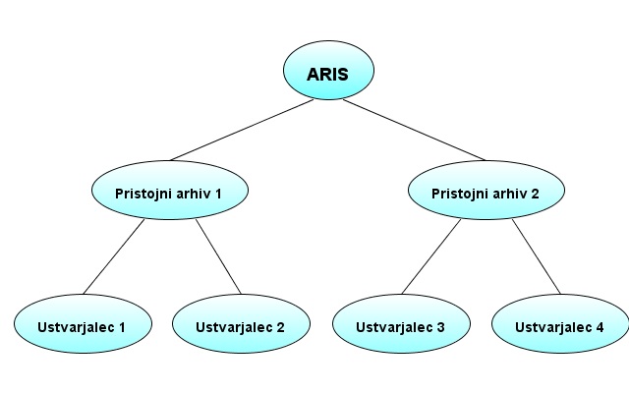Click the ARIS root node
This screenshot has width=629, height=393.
(x=328, y=70)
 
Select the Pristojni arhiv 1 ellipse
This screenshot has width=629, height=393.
(x=170, y=190)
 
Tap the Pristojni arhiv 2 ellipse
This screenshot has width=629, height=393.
(x=486, y=190)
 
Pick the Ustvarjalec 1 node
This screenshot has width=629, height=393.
(x=83, y=323)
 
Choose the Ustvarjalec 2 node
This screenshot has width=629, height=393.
(x=241, y=323)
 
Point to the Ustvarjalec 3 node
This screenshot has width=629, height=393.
(x=401, y=323)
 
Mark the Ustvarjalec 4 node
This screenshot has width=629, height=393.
(x=560, y=323)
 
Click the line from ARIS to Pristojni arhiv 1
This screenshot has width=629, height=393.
(x=242, y=130)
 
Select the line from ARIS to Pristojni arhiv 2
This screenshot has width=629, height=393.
(x=414, y=130)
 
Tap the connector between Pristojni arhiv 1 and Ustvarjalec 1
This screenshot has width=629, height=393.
(x=114, y=256)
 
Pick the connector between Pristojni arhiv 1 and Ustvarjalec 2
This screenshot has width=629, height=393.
(x=218, y=256)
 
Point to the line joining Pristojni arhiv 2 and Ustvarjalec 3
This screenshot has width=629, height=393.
(x=431, y=256)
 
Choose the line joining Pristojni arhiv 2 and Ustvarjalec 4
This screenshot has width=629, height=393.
(x=536, y=256)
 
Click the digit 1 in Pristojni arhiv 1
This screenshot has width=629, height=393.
(x=218, y=194)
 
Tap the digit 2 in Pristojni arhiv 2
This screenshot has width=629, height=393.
(x=535, y=194)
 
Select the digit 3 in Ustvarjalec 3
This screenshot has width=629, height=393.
(x=441, y=327)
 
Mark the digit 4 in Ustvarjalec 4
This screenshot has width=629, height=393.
(x=600, y=327)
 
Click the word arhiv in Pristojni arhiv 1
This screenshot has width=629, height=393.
(x=195, y=194)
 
